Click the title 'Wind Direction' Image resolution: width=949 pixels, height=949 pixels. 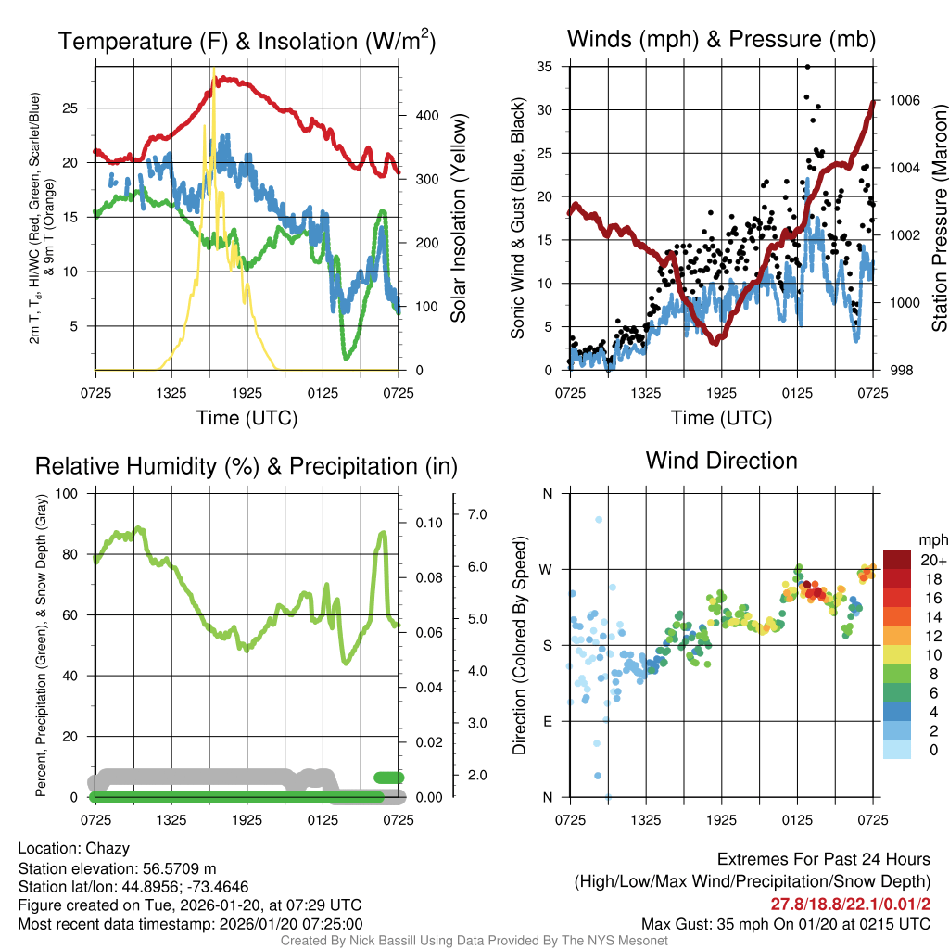click(x=721, y=461)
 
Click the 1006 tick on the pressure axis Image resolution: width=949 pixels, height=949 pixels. click(x=904, y=100)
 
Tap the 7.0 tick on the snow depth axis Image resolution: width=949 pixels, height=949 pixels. click(x=477, y=513)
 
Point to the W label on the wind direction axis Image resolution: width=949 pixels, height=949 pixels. click(x=547, y=569)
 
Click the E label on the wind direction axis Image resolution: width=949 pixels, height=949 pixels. click(x=548, y=721)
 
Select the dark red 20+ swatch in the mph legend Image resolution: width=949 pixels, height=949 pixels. click(x=898, y=560)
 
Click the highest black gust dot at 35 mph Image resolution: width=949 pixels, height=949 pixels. click(x=807, y=67)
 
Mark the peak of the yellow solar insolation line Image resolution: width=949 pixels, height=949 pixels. click(x=214, y=69)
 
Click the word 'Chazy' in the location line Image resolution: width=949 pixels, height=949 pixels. click(x=108, y=848)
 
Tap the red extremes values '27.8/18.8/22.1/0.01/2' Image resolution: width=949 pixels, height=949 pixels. click(x=850, y=904)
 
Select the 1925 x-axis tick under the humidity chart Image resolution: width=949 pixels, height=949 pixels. click(x=247, y=820)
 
